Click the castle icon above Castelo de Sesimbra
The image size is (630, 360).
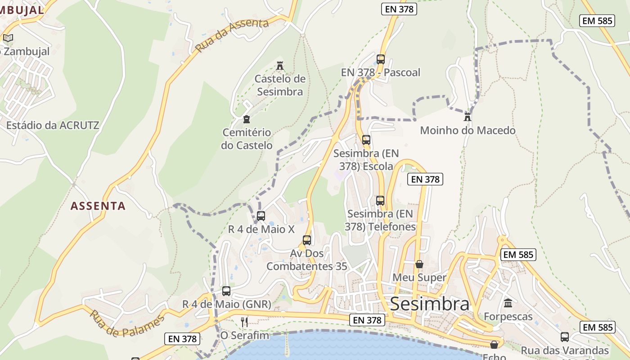pos(280,66)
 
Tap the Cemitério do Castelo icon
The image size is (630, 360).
pos(246,119)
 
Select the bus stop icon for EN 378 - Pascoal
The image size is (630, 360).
pos(380,59)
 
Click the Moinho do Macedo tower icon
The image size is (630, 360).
pos(468,117)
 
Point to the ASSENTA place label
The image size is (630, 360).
pos(98,206)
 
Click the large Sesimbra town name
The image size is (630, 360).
pos(429,304)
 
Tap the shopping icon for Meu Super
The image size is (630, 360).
pos(419,264)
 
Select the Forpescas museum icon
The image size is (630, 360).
pos(508,303)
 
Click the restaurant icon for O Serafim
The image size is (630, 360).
pos(244,322)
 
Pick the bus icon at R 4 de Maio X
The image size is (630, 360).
pos(261,216)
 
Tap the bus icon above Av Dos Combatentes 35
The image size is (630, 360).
pos(307,240)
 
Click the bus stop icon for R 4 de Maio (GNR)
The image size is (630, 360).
pos(226,291)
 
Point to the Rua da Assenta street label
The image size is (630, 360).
pos(232,35)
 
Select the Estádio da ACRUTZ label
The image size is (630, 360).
pos(53,125)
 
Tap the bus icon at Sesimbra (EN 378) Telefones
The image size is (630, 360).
pos(380,200)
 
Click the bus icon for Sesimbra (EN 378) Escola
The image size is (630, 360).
pos(366,139)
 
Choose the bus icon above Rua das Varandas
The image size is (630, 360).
pos(565,337)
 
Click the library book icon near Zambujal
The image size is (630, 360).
pos(8,38)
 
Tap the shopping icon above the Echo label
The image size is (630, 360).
pos(494,345)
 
